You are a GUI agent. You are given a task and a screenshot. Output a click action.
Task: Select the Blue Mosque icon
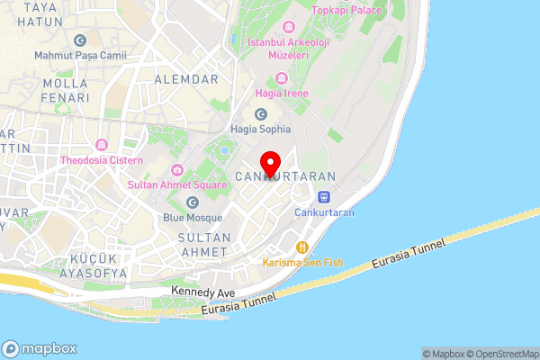pyautogui.click(x=192, y=202)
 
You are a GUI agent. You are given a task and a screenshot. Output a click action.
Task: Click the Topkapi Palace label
pyautogui.click(x=346, y=11)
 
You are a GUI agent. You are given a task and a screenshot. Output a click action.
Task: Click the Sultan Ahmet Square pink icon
pyautogui.click(x=177, y=170)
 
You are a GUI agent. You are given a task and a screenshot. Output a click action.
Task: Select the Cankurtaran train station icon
pyautogui.click(x=324, y=197)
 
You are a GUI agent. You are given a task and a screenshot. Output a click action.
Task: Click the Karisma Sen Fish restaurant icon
pyautogui.click(x=302, y=247)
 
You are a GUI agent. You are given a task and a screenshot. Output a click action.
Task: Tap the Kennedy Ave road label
pyautogui.click(x=202, y=293)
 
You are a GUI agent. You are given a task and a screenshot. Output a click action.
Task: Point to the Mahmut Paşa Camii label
pyautogui.click(x=81, y=55)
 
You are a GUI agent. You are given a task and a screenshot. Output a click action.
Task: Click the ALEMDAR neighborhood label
pyautogui.click(x=187, y=80)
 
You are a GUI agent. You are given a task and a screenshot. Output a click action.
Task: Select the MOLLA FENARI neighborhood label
pyautogui.click(x=65, y=90)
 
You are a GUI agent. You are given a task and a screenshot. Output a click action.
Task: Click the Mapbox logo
pyautogui.click(x=40, y=349)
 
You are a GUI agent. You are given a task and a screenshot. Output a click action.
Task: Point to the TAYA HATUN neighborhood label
pyautogui.click(x=40, y=13)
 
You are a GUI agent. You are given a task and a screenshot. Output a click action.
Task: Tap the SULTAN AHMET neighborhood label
pyautogui.click(x=205, y=244)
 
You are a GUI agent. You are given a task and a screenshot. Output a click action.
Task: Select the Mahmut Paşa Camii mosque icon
pyautogui.click(x=81, y=40)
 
